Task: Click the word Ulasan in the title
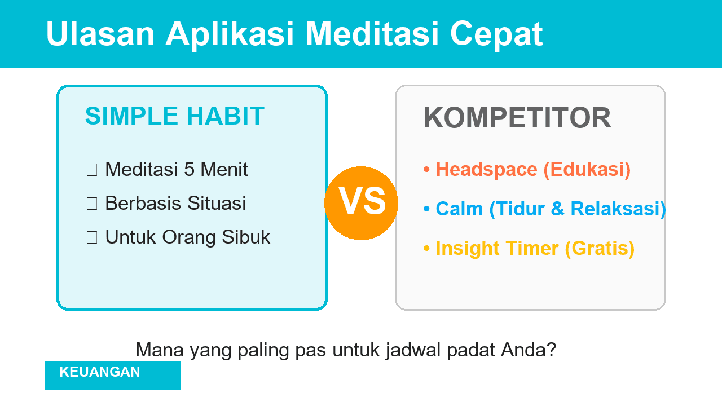pos(100,34)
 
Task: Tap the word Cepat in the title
pos(496,34)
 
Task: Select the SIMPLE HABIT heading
pos(174,116)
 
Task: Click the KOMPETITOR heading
pos(517,118)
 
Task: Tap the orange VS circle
pos(362,203)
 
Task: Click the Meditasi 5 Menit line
pos(176,170)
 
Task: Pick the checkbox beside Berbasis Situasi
pos(92,204)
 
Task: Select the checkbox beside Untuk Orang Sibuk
pos(92,237)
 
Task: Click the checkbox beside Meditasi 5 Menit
pos(92,170)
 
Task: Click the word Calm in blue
pos(459,209)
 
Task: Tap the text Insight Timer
pos(497,249)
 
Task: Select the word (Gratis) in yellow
pos(600,249)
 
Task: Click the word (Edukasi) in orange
pos(587,170)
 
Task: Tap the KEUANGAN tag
pos(100,372)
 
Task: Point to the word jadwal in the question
pos(413,350)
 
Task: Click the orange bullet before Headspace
pos(426,170)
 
